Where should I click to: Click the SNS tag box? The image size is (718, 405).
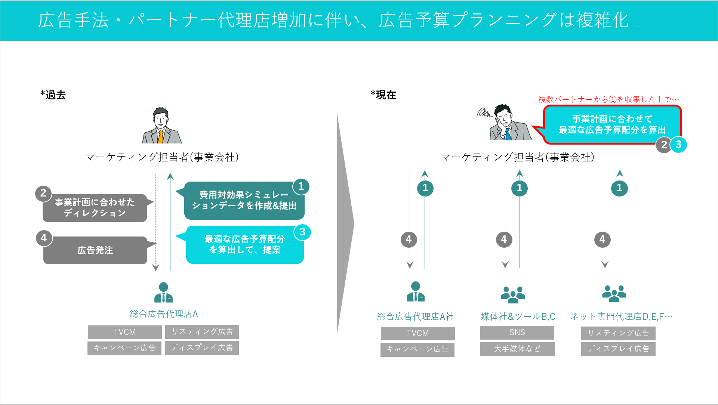517,333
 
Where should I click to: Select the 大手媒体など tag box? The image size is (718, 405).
517,349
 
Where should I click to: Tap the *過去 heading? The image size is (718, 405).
53,95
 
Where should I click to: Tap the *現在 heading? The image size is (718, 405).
383,95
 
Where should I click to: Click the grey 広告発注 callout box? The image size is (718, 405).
95,250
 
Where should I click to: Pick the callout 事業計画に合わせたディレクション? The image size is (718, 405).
95,208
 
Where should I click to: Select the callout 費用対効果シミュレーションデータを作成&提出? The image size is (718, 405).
244,201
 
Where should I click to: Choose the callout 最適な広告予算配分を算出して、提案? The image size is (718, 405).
245,245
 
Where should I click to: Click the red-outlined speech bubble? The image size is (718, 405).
612,124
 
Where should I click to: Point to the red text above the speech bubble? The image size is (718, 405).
608,99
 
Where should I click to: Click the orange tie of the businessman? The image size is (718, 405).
160,137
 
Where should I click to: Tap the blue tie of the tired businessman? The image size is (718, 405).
508,134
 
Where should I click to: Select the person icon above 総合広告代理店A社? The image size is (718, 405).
415,292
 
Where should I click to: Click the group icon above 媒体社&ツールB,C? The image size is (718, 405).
513,294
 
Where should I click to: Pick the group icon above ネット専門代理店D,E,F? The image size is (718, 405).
614,293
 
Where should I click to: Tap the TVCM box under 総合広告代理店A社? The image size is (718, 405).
417,333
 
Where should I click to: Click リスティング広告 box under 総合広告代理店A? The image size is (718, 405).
202,332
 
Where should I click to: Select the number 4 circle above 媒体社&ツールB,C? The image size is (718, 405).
504,239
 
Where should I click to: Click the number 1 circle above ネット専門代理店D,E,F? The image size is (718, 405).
619,188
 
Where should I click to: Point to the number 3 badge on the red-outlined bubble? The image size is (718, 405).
678,145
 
